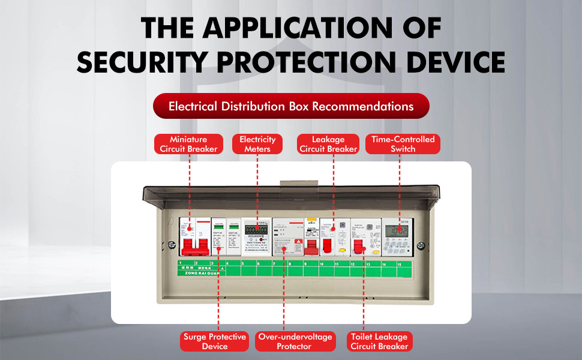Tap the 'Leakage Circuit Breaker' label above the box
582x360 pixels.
(x=328, y=144)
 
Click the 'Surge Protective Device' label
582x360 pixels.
(x=215, y=341)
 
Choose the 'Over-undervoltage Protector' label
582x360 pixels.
(x=295, y=341)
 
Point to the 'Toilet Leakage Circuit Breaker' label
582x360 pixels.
(x=379, y=341)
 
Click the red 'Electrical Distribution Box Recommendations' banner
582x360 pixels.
(x=291, y=106)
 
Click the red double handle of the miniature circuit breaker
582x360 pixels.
(x=195, y=244)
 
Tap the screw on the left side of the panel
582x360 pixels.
(x=172, y=245)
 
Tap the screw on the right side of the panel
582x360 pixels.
(x=421, y=245)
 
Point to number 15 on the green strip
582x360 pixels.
(x=399, y=263)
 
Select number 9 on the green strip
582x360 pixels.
(x=305, y=263)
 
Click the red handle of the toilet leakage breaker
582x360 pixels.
(x=359, y=247)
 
